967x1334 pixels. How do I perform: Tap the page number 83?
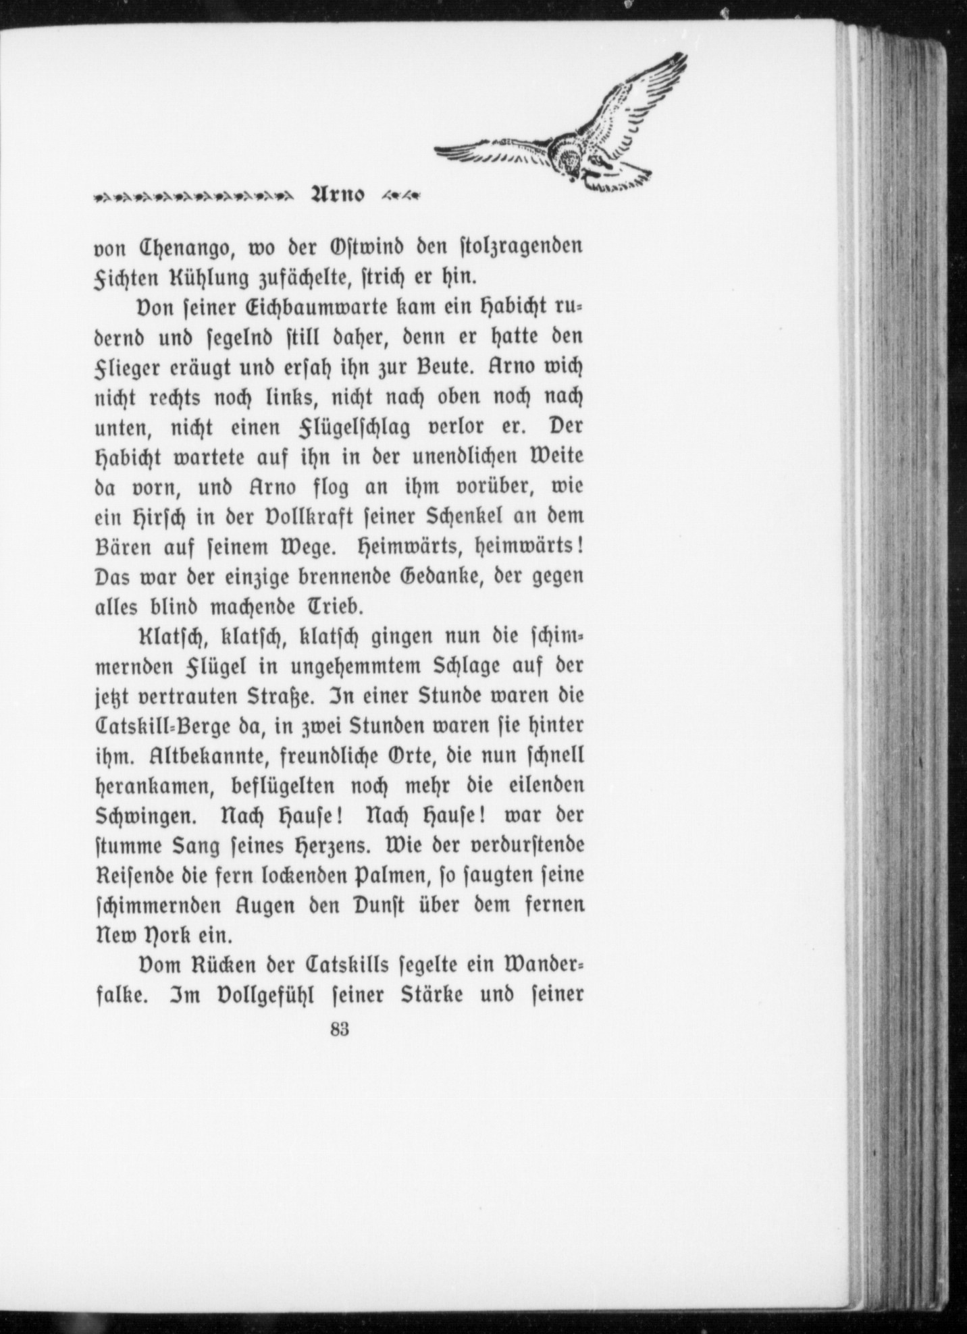pyautogui.click(x=340, y=1048)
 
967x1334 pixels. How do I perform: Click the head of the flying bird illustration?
pyautogui.click(x=571, y=162)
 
